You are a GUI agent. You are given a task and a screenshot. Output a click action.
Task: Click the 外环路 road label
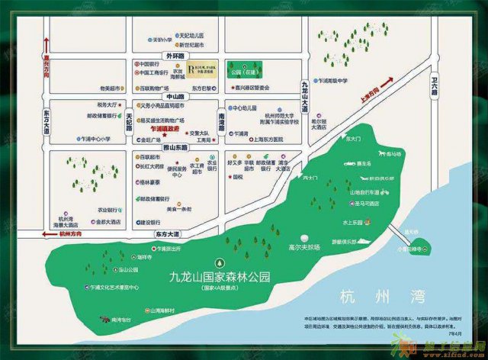point(177,56)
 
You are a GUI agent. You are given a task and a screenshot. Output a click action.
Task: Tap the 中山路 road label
point(177,96)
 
